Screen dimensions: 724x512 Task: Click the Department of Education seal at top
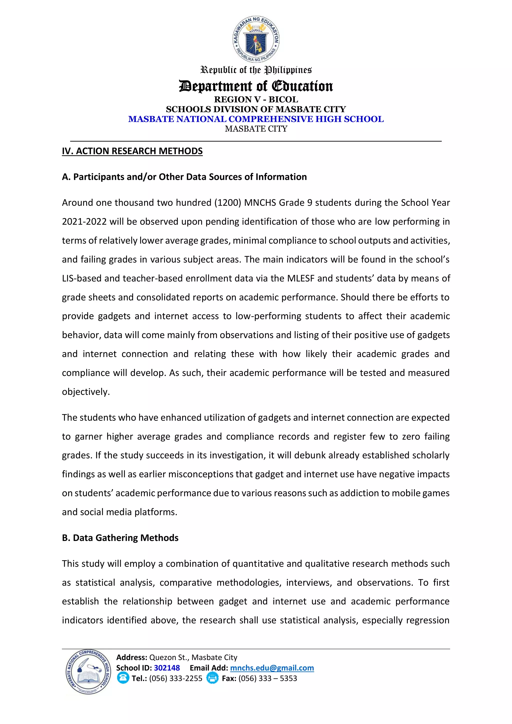256,39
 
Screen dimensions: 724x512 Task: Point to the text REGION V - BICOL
256,99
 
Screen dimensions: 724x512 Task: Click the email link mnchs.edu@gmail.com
272,668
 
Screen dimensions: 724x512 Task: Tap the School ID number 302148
167,668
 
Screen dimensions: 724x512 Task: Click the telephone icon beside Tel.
123,678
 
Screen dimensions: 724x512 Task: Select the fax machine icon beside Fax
212,678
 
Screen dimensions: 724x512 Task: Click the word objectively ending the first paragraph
86,392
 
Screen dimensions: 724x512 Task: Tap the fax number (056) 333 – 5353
268,678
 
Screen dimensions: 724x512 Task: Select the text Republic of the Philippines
256,70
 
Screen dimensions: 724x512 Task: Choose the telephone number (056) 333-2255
175,678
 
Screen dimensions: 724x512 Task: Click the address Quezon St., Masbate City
193,657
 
